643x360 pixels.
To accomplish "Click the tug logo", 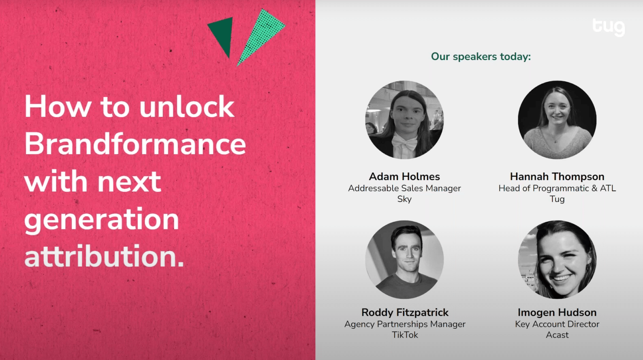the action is click(609, 27).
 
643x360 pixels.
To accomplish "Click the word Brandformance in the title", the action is click(135, 144).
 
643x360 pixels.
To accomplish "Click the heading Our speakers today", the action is click(481, 57).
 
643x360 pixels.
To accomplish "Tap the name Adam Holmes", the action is click(404, 176).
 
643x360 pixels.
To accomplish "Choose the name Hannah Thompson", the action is click(557, 176).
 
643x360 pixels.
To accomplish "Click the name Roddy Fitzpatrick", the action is click(405, 312).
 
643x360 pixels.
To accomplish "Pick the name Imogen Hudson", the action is click(557, 312).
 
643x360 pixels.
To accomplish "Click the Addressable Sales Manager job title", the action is click(404, 188).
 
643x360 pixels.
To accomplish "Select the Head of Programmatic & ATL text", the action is click(557, 188).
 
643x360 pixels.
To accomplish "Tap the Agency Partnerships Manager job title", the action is click(405, 324).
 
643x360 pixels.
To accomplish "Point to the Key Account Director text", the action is click(557, 324).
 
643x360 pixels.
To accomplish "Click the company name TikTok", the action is click(405, 335).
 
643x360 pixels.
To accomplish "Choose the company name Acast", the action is click(557, 335).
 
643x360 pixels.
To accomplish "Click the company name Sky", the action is click(404, 199).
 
